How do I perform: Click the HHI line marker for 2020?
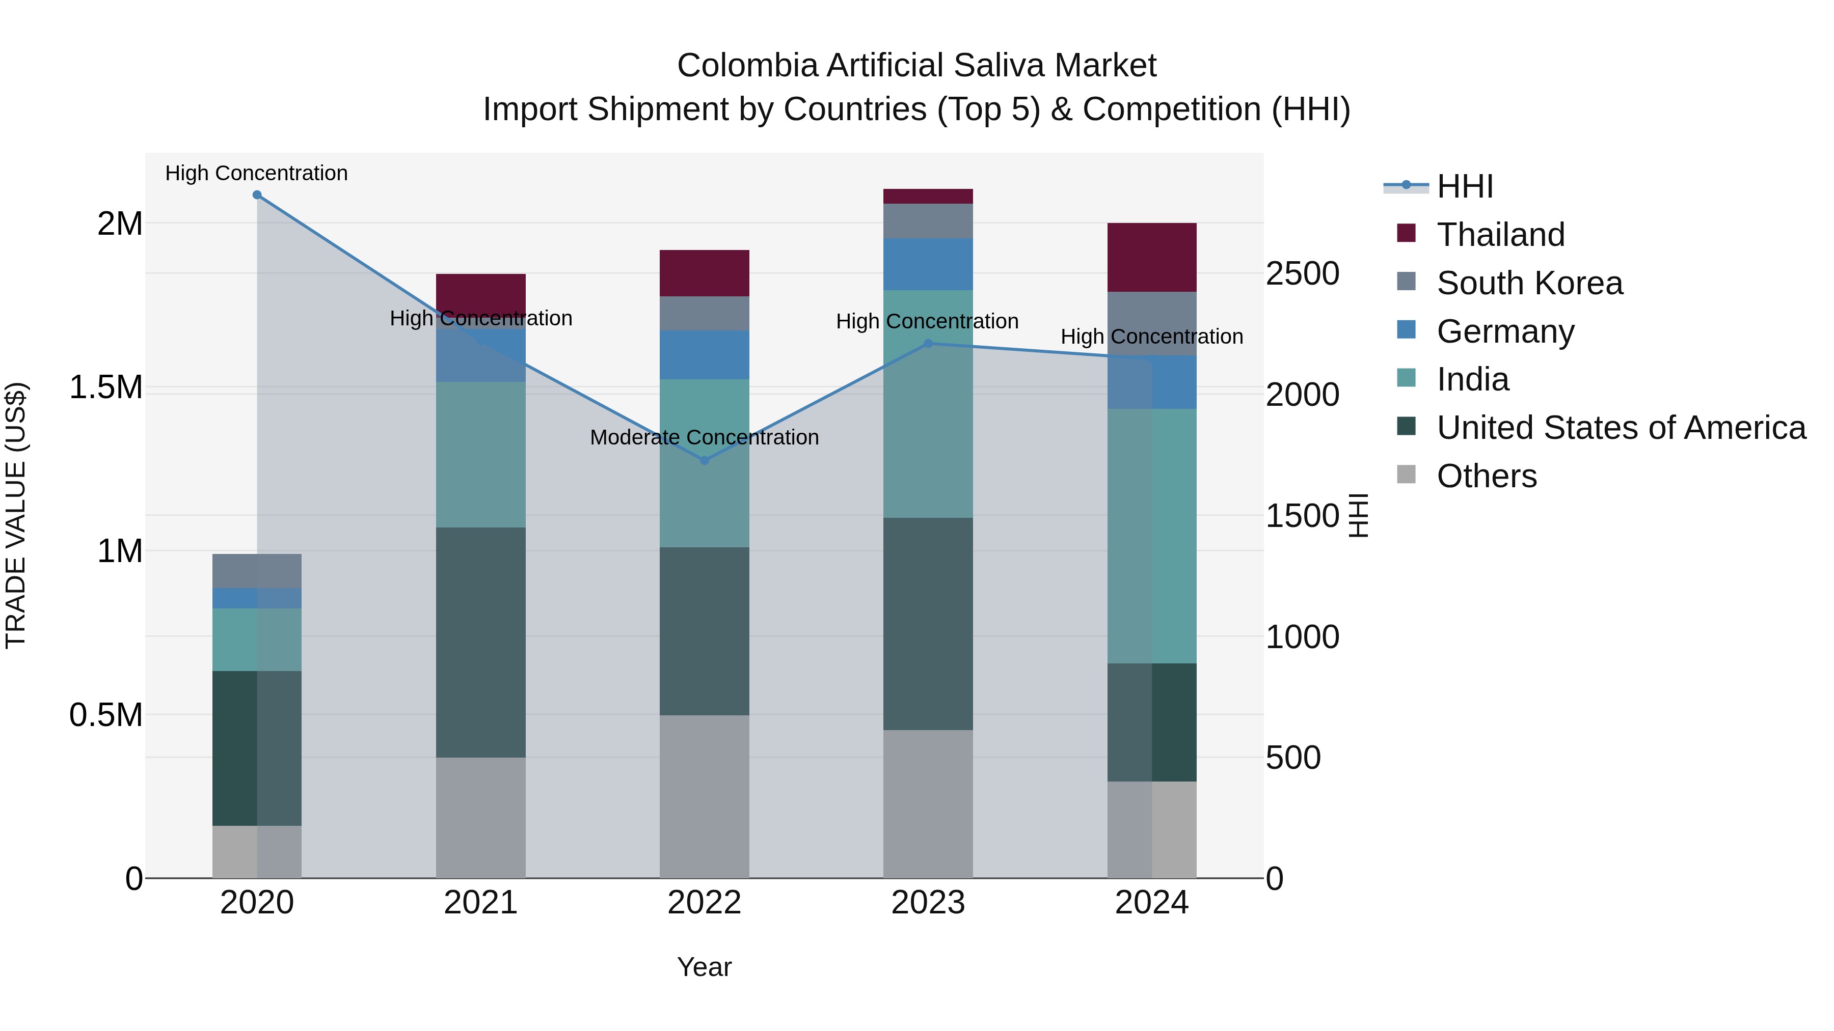[x=257, y=195]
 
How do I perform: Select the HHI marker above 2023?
[x=928, y=344]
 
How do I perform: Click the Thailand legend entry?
[x=1500, y=235]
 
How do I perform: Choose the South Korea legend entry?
[x=1529, y=283]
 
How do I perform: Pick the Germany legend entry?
[x=1505, y=331]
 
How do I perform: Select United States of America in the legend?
[x=1621, y=428]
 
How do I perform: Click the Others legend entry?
[x=1487, y=476]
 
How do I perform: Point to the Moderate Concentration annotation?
[x=704, y=437]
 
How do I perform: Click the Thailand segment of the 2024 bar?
[x=1151, y=257]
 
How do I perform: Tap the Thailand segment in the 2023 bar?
[x=928, y=197]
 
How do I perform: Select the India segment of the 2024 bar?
[x=1151, y=536]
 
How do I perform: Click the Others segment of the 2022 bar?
[x=704, y=796]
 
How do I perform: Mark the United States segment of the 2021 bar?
[x=480, y=642]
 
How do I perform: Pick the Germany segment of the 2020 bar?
[x=257, y=598]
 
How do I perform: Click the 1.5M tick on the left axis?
[x=105, y=388]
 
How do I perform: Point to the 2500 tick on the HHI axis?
[x=1302, y=274]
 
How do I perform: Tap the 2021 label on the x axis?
[x=480, y=903]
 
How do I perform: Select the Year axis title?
[x=704, y=967]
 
